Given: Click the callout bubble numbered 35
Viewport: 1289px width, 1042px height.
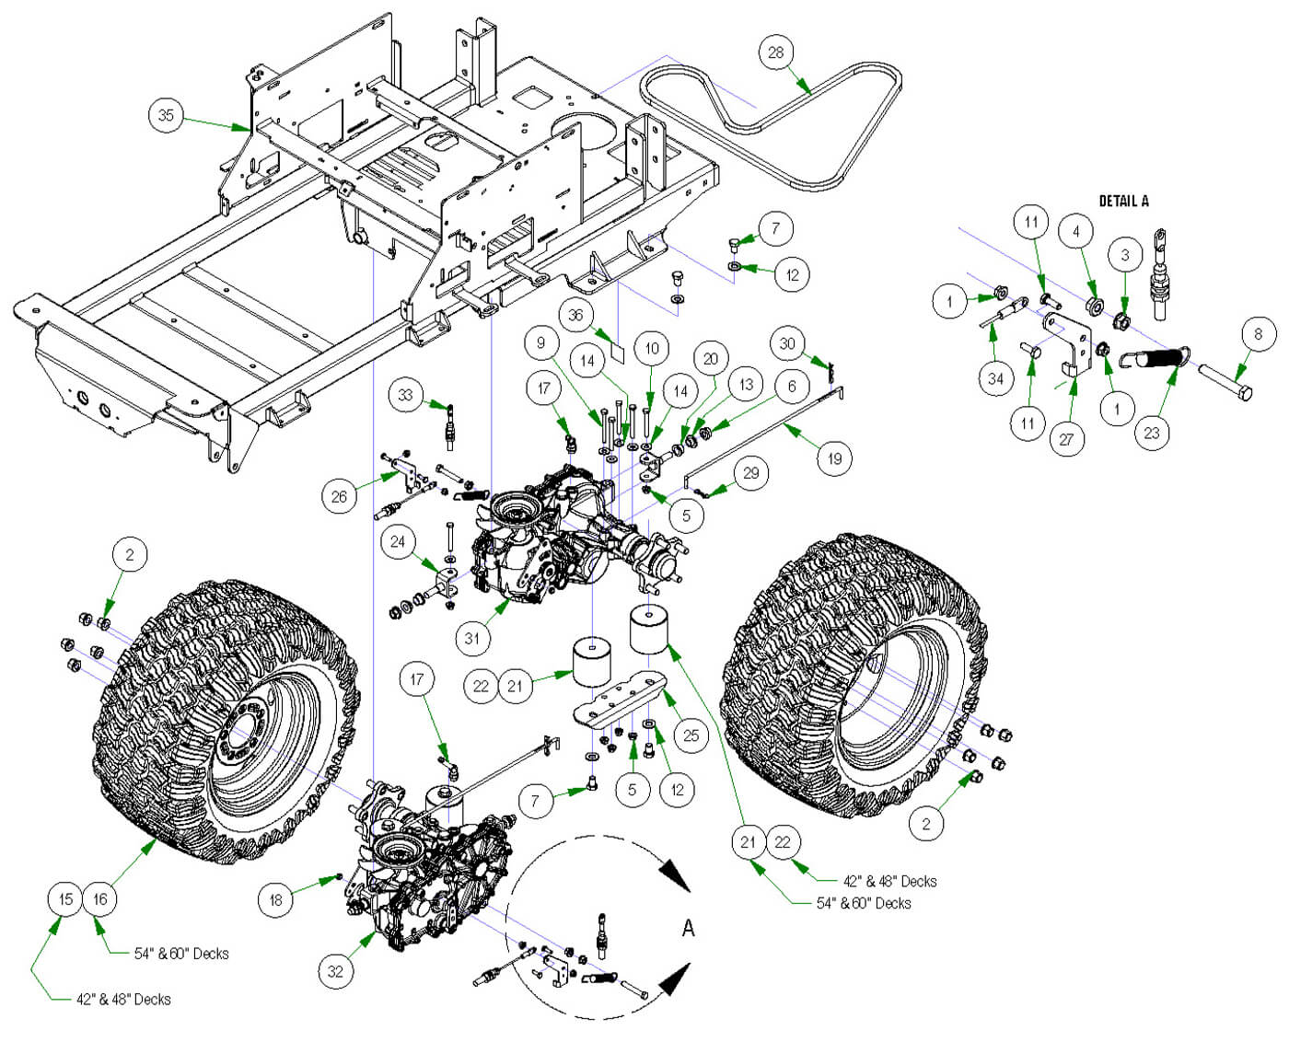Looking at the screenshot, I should pos(166,115).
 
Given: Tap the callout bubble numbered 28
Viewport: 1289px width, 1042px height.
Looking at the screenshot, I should pos(776,52).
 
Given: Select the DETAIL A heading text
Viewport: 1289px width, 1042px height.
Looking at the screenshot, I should pos(1123,201).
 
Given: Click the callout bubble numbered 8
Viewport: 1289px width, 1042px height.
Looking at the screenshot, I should pos(1259,333).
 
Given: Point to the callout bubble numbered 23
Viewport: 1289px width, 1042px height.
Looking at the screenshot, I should pos(1152,432).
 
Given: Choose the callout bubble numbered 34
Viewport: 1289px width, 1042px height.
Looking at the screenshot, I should pos(995,378).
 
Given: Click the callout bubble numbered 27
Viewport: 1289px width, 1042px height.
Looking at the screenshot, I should pos(1066,438).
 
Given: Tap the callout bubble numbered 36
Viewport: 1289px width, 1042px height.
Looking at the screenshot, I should pos(575,315).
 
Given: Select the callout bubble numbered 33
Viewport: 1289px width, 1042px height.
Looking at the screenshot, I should pos(406,395).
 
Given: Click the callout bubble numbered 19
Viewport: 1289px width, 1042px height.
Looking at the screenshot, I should pos(834,458).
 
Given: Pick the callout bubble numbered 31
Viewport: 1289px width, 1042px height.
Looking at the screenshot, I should pos(472,637).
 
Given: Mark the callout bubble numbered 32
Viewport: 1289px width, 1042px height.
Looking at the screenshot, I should pos(335,970).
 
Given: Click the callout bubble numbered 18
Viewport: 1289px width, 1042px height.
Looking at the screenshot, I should pos(276,899).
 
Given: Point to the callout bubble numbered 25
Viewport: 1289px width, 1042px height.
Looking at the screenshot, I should pos(691,735).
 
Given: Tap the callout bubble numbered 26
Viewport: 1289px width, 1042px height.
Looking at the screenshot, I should pos(339,496).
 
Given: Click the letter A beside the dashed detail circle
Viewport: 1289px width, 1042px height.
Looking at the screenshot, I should pos(688,929).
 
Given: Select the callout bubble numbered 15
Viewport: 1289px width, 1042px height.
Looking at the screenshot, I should pos(65,898).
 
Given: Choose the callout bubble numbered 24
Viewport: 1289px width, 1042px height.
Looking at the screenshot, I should pos(398,541).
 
